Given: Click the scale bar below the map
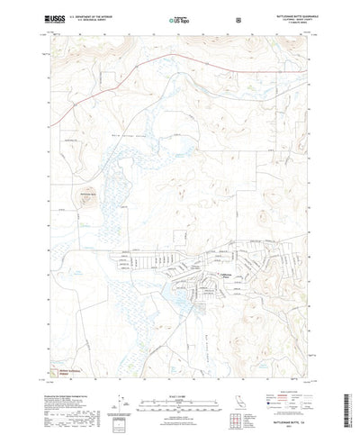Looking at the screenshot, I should coord(179,391).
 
